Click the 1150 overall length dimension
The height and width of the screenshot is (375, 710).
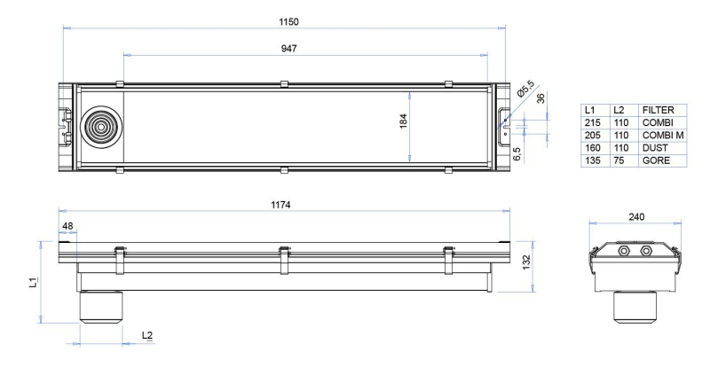[x=289, y=21]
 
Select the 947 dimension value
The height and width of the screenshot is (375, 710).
[x=289, y=49]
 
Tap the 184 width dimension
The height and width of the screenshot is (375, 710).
[x=404, y=121]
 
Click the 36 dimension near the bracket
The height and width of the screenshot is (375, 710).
[x=541, y=98]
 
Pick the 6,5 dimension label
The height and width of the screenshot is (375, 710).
[x=517, y=153]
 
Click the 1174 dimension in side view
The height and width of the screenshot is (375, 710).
[x=280, y=205]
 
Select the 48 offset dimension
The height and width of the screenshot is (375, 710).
[x=67, y=226]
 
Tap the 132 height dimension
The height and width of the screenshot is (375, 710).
[x=526, y=262]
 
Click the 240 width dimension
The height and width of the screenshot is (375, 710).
[x=636, y=217]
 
